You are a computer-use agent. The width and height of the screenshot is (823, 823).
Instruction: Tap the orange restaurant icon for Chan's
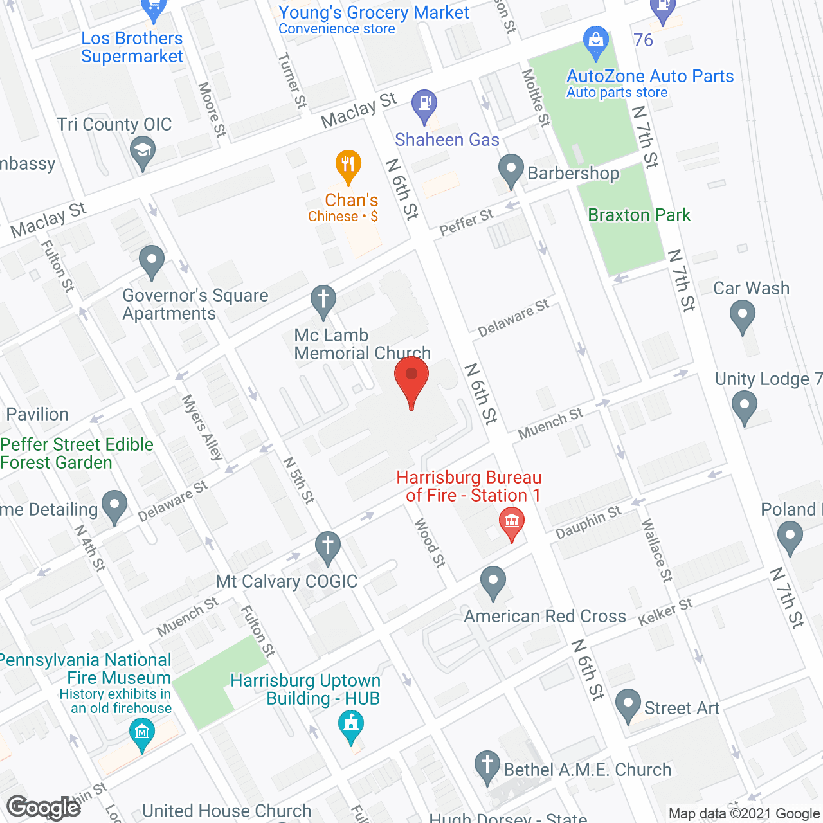click(348, 165)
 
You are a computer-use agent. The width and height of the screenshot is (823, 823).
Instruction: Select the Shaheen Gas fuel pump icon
click(424, 104)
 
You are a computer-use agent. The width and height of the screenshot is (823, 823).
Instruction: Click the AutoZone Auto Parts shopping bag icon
click(596, 40)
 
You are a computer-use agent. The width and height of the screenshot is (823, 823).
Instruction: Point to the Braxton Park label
click(638, 215)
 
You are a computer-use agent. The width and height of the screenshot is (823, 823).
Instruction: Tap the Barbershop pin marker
click(511, 170)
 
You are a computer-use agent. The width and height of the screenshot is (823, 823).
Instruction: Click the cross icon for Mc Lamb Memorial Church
click(323, 300)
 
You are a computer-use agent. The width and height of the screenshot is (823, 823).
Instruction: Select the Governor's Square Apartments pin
click(152, 262)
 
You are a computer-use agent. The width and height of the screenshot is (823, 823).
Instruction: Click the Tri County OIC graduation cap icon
click(142, 153)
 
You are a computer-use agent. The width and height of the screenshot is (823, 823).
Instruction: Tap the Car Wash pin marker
click(743, 316)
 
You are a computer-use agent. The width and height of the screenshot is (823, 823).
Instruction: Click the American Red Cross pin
click(493, 582)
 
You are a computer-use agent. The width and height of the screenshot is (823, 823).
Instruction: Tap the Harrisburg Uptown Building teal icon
click(351, 725)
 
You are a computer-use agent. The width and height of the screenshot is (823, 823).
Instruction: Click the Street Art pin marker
click(628, 705)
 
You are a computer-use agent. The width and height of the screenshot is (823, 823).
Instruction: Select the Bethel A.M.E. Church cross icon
click(487, 766)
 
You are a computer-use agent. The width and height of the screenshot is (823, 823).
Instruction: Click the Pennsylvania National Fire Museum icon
click(142, 733)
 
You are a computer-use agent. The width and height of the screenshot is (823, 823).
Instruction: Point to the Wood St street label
click(430, 543)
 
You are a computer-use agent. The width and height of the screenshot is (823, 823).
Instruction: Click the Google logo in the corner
click(44, 808)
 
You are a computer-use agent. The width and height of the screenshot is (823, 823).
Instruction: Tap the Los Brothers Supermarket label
click(132, 48)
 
